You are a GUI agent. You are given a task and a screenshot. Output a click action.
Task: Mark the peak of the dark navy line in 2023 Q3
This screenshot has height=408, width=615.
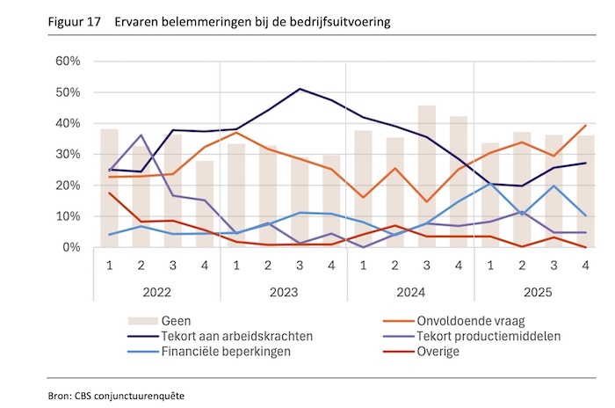300,89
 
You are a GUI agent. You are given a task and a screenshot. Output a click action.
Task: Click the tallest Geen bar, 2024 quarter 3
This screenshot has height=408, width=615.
427,176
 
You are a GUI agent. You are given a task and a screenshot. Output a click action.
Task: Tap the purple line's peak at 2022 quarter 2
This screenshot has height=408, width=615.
141,135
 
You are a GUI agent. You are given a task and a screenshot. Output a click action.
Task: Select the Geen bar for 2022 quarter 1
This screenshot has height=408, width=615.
110,188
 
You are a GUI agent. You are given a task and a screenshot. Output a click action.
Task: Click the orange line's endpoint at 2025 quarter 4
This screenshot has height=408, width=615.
584,125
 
